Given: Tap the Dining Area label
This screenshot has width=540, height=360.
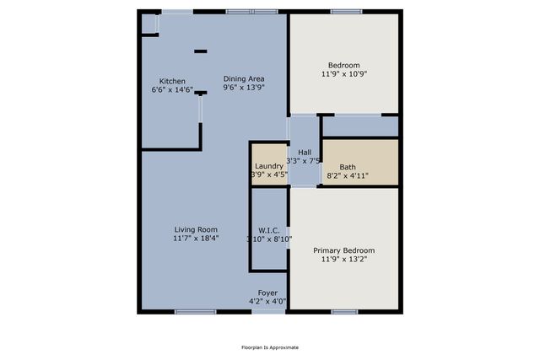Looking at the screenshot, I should (x=244, y=78).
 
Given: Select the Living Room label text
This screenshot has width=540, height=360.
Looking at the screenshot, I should (x=196, y=230).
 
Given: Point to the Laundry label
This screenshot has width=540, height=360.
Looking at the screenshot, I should (x=268, y=166).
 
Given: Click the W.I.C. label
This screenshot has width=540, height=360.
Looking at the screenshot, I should (x=269, y=230).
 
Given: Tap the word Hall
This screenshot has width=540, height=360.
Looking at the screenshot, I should (x=305, y=152).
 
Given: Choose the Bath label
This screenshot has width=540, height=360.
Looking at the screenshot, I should (x=348, y=167).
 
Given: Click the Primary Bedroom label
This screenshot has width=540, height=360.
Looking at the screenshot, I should (x=343, y=250).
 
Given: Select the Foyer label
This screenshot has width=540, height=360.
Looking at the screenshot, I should (x=267, y=293).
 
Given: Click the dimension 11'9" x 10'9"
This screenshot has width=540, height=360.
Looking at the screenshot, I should (x=343, y=74).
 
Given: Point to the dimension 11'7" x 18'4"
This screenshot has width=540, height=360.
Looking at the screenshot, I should (x=196, y=239).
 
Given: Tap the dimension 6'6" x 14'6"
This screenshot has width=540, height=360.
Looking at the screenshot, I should (x=172, y=89).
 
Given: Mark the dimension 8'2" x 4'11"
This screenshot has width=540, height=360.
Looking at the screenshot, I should (x=348, y=175).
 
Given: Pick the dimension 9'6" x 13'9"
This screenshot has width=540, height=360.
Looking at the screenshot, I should (x=244, y=87).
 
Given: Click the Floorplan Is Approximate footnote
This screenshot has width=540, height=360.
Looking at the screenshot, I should (x=270, y=347).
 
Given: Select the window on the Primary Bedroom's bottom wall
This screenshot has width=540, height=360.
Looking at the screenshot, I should (x=343, y=312).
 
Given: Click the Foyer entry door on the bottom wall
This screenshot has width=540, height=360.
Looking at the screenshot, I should (x=267, y=311).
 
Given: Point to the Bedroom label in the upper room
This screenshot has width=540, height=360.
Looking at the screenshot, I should (x=343, y=66).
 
